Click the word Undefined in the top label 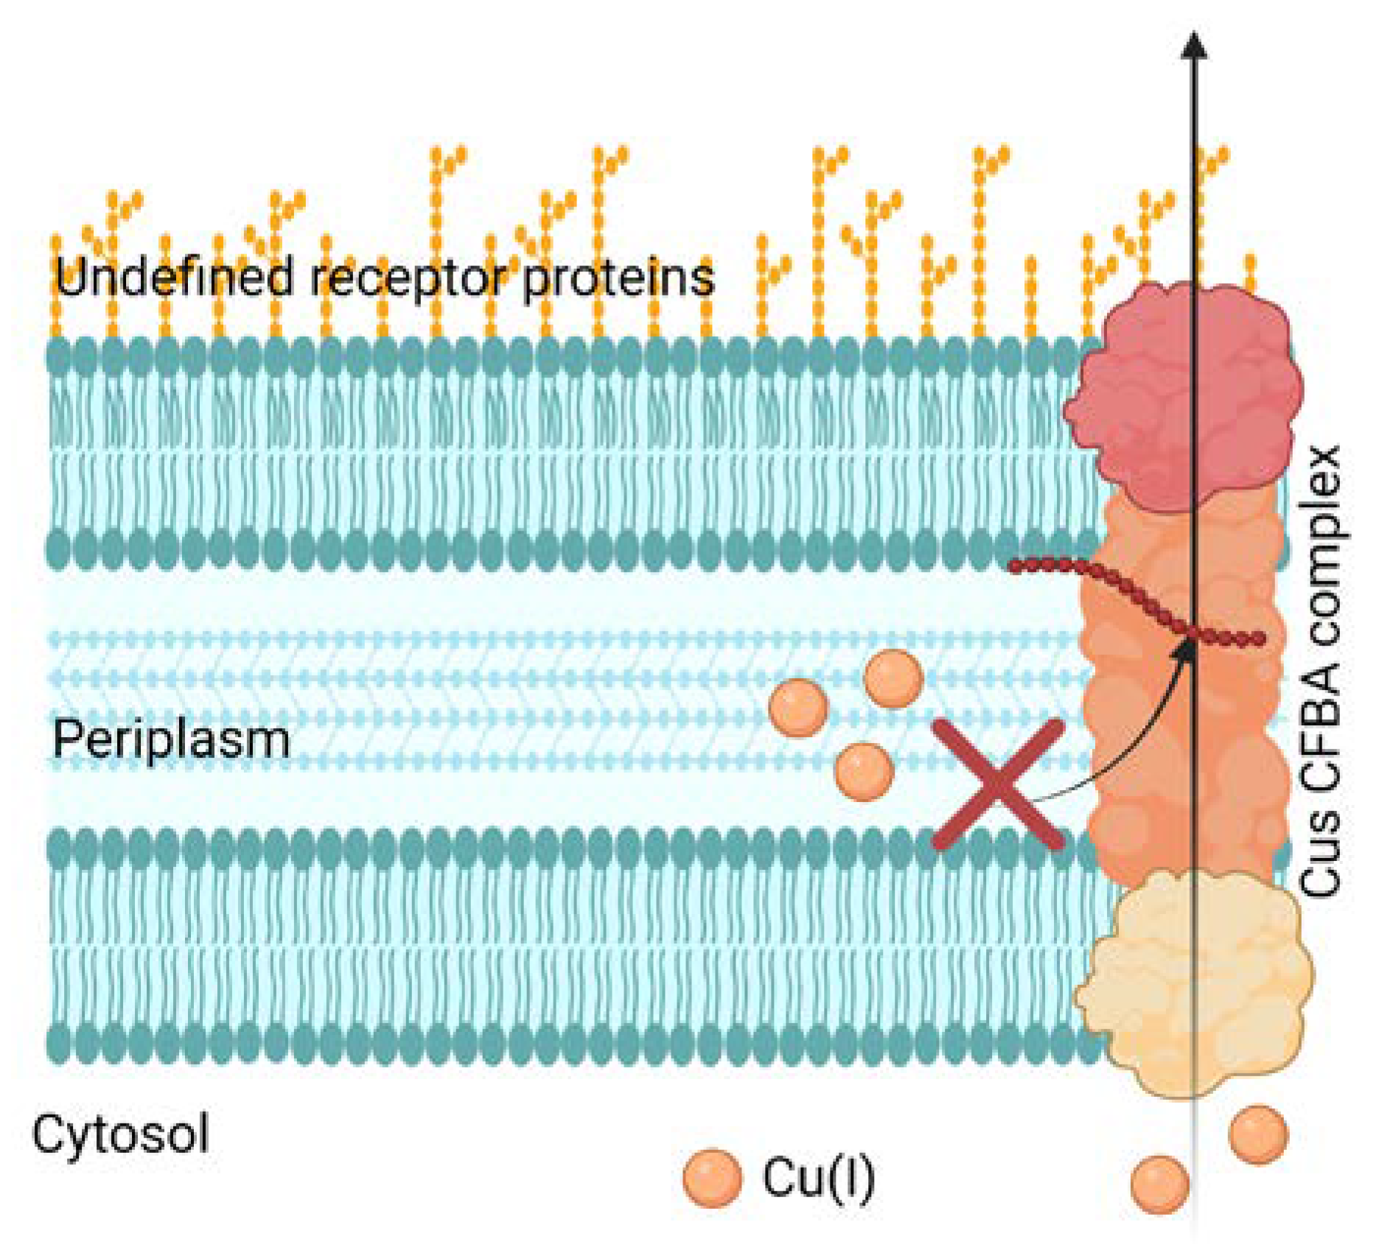click(x=174, y=277)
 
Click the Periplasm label click(x=171, y=739)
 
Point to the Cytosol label click(x=120, y=1134)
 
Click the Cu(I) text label click(x=818, y=1177)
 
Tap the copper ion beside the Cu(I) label click(x=712, y=1178)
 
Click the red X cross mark click(x=998, y=784)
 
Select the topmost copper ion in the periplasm click(x=893, y=678)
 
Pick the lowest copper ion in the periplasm click(x=865, y=771)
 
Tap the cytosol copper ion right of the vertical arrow click(x=1258, y=1134)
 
